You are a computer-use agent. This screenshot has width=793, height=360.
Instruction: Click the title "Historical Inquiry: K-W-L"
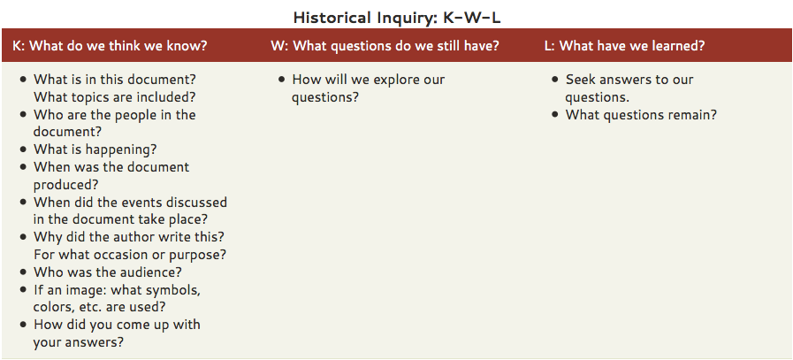pos(397,18)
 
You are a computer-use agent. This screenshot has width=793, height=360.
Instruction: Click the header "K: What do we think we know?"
pos(110,46)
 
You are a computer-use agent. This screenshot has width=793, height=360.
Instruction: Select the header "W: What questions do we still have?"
pos(385,46)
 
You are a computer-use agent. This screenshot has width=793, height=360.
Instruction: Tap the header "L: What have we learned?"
pos(625,46)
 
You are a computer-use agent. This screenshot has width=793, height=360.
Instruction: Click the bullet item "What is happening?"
pos(95,149)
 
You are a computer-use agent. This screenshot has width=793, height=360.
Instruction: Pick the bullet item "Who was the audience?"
pos(107,272)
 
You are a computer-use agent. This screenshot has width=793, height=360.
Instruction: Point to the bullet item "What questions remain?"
pos(641,114)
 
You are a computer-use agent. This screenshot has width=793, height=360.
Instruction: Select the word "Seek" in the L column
pos(580,80)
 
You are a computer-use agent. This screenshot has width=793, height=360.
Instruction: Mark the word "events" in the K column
pos(128,202)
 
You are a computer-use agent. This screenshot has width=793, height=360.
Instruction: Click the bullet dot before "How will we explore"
pos(282,80)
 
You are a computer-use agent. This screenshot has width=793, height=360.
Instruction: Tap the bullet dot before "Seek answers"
pos(555,80)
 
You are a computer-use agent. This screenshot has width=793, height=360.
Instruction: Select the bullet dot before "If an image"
pos(23,290)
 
